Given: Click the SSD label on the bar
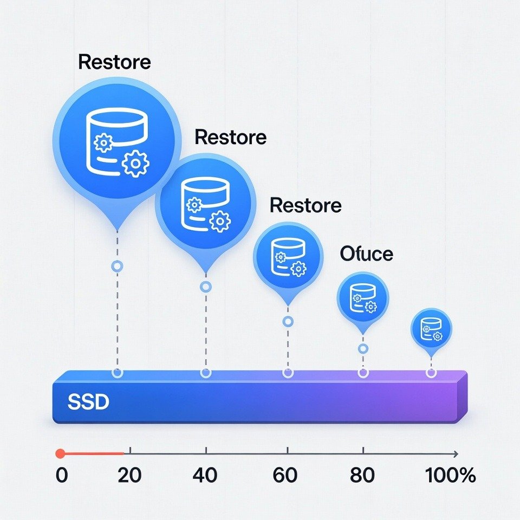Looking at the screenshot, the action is (88, 402).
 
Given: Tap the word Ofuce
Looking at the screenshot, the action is (367, 254).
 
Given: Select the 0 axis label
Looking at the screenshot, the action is (62, 475).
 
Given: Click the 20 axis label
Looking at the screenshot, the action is (129, 475).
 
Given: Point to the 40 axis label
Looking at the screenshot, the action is (205, 475).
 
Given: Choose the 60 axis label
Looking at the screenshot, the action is (285, 475).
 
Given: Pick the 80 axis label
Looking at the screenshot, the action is (362, 475).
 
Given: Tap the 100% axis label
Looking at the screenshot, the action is (451, 475).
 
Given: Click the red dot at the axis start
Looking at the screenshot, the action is (60, 454).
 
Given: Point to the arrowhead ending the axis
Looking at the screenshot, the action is (456, 454).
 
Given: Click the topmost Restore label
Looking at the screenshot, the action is (114, 62).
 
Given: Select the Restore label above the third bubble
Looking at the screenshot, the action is (305, 205).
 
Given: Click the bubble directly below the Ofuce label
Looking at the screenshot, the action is (363, 298).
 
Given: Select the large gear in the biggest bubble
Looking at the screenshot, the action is (135, 163).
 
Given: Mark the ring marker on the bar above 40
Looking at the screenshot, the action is (206, 373).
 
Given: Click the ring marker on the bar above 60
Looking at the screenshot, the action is (288, 373).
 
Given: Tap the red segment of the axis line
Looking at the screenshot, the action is (92, 454).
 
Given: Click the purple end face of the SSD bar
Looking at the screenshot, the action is (462, 396).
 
